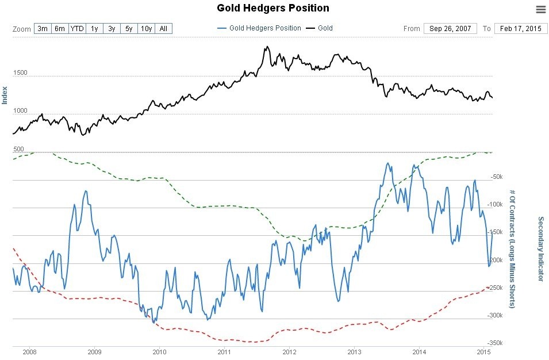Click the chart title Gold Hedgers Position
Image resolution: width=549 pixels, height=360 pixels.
[x=273, y=8]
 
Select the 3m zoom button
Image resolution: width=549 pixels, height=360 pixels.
[x=43, y=29]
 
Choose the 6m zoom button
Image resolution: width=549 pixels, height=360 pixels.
[x=60, y=29]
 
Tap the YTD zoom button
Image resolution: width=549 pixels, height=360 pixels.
[x=77, y=29]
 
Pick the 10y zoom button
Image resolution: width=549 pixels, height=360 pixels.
[x=146, y=29]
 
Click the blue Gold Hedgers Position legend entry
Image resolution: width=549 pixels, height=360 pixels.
[x=259, y=28]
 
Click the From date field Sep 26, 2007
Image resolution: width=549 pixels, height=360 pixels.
[x=450, y=28]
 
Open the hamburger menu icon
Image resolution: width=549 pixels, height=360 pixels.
[x=540, y=9]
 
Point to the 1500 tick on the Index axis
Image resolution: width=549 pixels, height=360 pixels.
[x=20, y=73]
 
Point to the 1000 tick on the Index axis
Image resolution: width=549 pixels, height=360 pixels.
[x=20, y=111]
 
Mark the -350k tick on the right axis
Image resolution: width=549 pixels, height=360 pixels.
[x=495, y=343]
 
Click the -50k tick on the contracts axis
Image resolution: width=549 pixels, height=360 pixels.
[x=495, y=177]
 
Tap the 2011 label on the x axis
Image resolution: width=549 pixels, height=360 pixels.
[x=224, y=351]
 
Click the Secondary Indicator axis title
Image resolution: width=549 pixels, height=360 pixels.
[x=540, y=248]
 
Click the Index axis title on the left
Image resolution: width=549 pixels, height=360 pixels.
[x=5, y=95]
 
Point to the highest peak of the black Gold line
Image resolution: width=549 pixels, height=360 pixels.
[x=265, y=47]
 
